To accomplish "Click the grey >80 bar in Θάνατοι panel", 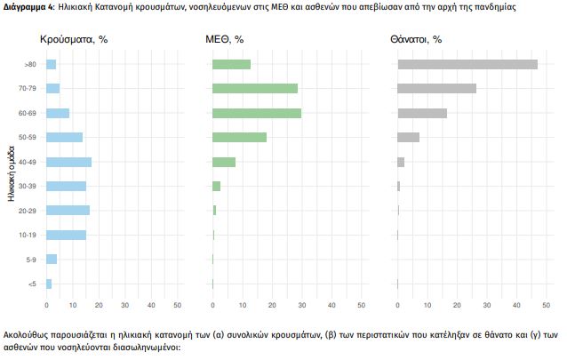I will pyautogui.click(x=467, y=64).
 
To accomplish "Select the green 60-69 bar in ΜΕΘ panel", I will pyautogui.click(x=257, y=113).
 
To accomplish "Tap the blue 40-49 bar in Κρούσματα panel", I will pyautogui.click(x=68, y=162).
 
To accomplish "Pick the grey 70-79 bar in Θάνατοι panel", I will pyautogui.click(x=436, y=88).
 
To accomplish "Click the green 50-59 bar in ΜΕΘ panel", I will pyautogui.click(x=239, y=137).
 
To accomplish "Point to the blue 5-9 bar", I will pyautogui.click(x=52, y=259).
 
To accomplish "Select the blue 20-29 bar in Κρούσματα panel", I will pyautogui.click(x=68, y=211).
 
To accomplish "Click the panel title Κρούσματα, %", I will pyautogui.click(x=75, y=40).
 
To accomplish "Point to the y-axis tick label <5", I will pyautogui.click(x=31, y=284).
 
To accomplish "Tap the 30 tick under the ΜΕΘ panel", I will pyautogui.click(x=302, y=305).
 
